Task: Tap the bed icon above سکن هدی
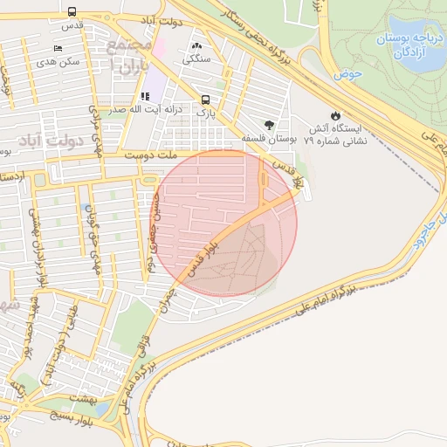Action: tap(58, 48)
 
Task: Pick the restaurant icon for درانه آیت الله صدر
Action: tap(145, 97)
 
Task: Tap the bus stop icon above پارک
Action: tap(205, 99)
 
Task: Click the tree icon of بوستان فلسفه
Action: tap(268, 124)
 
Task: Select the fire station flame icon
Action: tap(335, 115)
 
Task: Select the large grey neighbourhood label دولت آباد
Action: tap(73, 140)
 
